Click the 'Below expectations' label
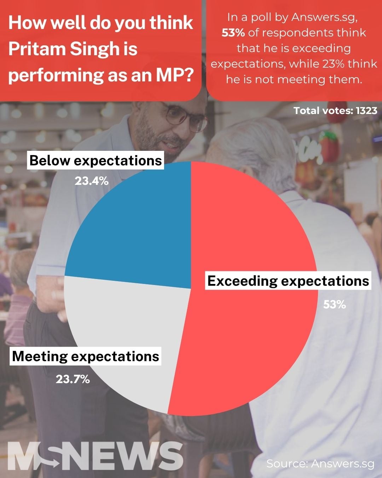point(95,161)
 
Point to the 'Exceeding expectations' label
point(288,281)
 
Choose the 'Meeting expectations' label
point(86,356)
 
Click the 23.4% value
point(91,181)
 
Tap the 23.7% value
point(73,379)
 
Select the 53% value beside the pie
point(334,304)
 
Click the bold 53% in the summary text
point(233,33)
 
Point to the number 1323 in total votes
point(366,110)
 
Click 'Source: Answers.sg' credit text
point(320,463)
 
